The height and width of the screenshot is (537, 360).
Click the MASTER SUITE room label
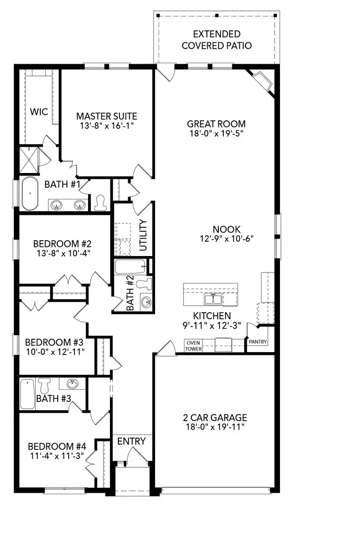(x=106, y=116)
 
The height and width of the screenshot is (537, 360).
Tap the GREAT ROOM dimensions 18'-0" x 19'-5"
(x=216, y=133)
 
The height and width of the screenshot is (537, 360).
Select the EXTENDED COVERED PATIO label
(x=216, y=40)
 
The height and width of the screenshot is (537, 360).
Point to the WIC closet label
(x=39, y=112)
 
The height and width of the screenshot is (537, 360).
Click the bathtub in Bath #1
(x=29, y=193)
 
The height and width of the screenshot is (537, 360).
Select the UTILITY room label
(x=143, y=235)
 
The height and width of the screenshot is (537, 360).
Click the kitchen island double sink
(x=214, y=299)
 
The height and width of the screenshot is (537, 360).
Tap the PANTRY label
(x=259, y=342)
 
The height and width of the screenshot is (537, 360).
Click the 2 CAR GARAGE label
(x=214, y=418)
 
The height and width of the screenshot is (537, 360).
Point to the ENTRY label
(x=132, y=441)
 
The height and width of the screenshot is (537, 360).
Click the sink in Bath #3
(x=73, y=383)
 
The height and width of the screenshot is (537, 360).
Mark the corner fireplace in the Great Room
(x=262, y=81)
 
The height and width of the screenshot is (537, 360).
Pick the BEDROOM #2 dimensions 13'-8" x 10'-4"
(x=62, y=253)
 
